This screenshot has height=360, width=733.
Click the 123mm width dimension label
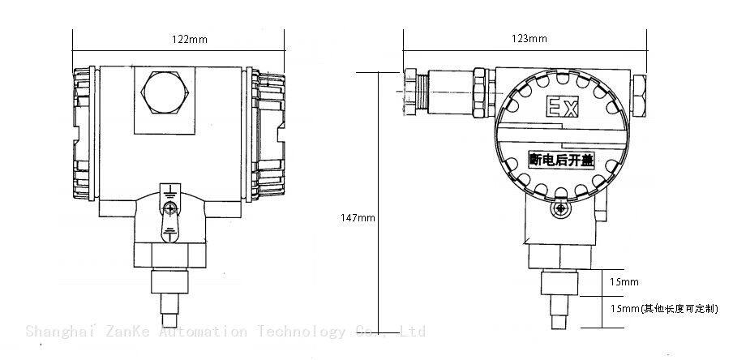[532, 39]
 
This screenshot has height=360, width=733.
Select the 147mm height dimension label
[358, 217]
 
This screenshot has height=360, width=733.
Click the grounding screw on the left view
[169, 208]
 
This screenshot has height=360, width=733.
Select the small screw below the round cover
[559, 210]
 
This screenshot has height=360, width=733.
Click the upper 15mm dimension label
[624, 282]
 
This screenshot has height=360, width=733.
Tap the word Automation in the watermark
[207, 332]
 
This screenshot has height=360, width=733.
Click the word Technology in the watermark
[302, 332]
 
